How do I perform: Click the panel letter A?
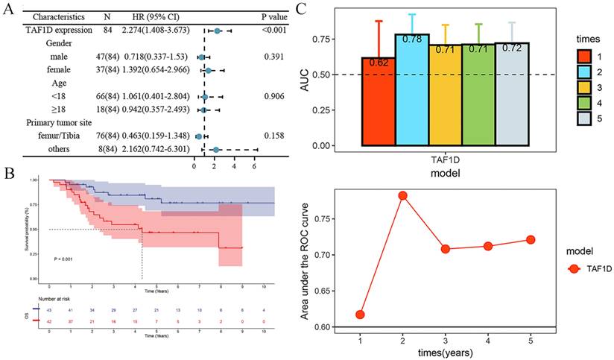click(10, 7)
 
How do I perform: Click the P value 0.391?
click(273, 57)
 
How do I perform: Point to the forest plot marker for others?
click(215, 150)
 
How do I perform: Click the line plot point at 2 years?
click(402, 196)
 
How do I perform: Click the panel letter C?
click(302, 8)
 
